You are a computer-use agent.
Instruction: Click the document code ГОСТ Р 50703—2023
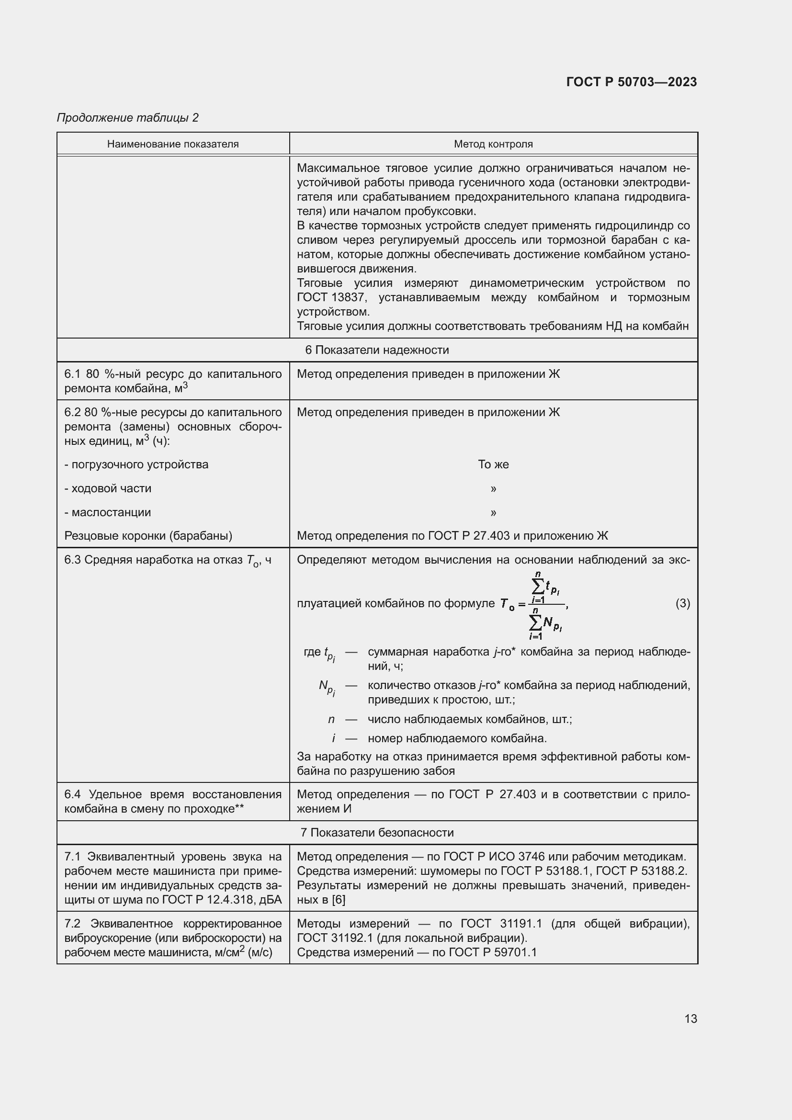pyautogui.click(x=631, y=82)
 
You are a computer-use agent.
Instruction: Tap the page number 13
pyautogui.click(x=690, y=1018)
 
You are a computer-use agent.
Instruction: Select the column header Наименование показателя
pyautogui.click(x=173, y=144)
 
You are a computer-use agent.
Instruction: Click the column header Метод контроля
pyautogui.click(x=493, y=144)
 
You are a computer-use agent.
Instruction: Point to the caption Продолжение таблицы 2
pyautogui.click(x=128, y=118)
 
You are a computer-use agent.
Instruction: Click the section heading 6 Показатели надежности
pyautogui.click(x=377, y=350)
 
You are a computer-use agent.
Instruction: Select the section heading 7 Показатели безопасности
pyautogui.click(x=377, y=832)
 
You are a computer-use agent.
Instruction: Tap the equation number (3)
pyautogui.click(x=682, y=603)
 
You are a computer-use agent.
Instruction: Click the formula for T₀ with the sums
pyautogui.click(x=533, y=605)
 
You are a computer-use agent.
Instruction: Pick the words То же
pyautogui.click(x=493, y=464)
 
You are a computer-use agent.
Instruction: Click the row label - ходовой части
pyautogui.click(x=108, y=488)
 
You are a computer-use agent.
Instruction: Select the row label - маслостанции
pyautogui.click(x=108, y=512)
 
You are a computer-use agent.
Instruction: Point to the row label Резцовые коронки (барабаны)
pyautogui.click(x=148, y=536)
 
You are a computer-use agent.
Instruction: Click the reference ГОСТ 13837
pyautogui.click(x=331, y=297)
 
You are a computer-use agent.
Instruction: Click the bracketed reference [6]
pyautogui.click(x=338, y=900)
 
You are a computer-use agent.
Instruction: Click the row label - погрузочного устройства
pyautogui.click(x=136, y=464)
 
